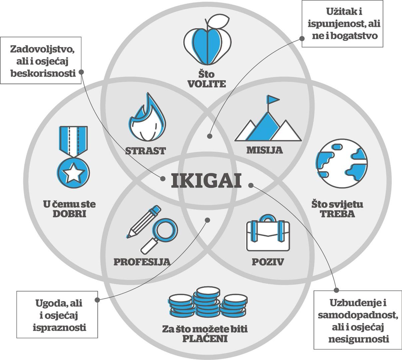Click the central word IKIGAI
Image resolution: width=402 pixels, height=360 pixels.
206,181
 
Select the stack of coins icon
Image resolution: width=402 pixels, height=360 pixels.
208,305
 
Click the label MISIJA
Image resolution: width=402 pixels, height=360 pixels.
264,150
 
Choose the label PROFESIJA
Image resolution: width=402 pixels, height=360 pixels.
142,262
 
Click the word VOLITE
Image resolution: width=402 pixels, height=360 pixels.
206,83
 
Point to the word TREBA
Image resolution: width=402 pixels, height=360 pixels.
337,214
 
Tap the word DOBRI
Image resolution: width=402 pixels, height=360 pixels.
69,214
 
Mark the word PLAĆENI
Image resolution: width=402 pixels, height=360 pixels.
205,339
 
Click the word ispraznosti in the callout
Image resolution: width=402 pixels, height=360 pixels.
59,327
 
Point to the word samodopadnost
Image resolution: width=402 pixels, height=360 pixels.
358,315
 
